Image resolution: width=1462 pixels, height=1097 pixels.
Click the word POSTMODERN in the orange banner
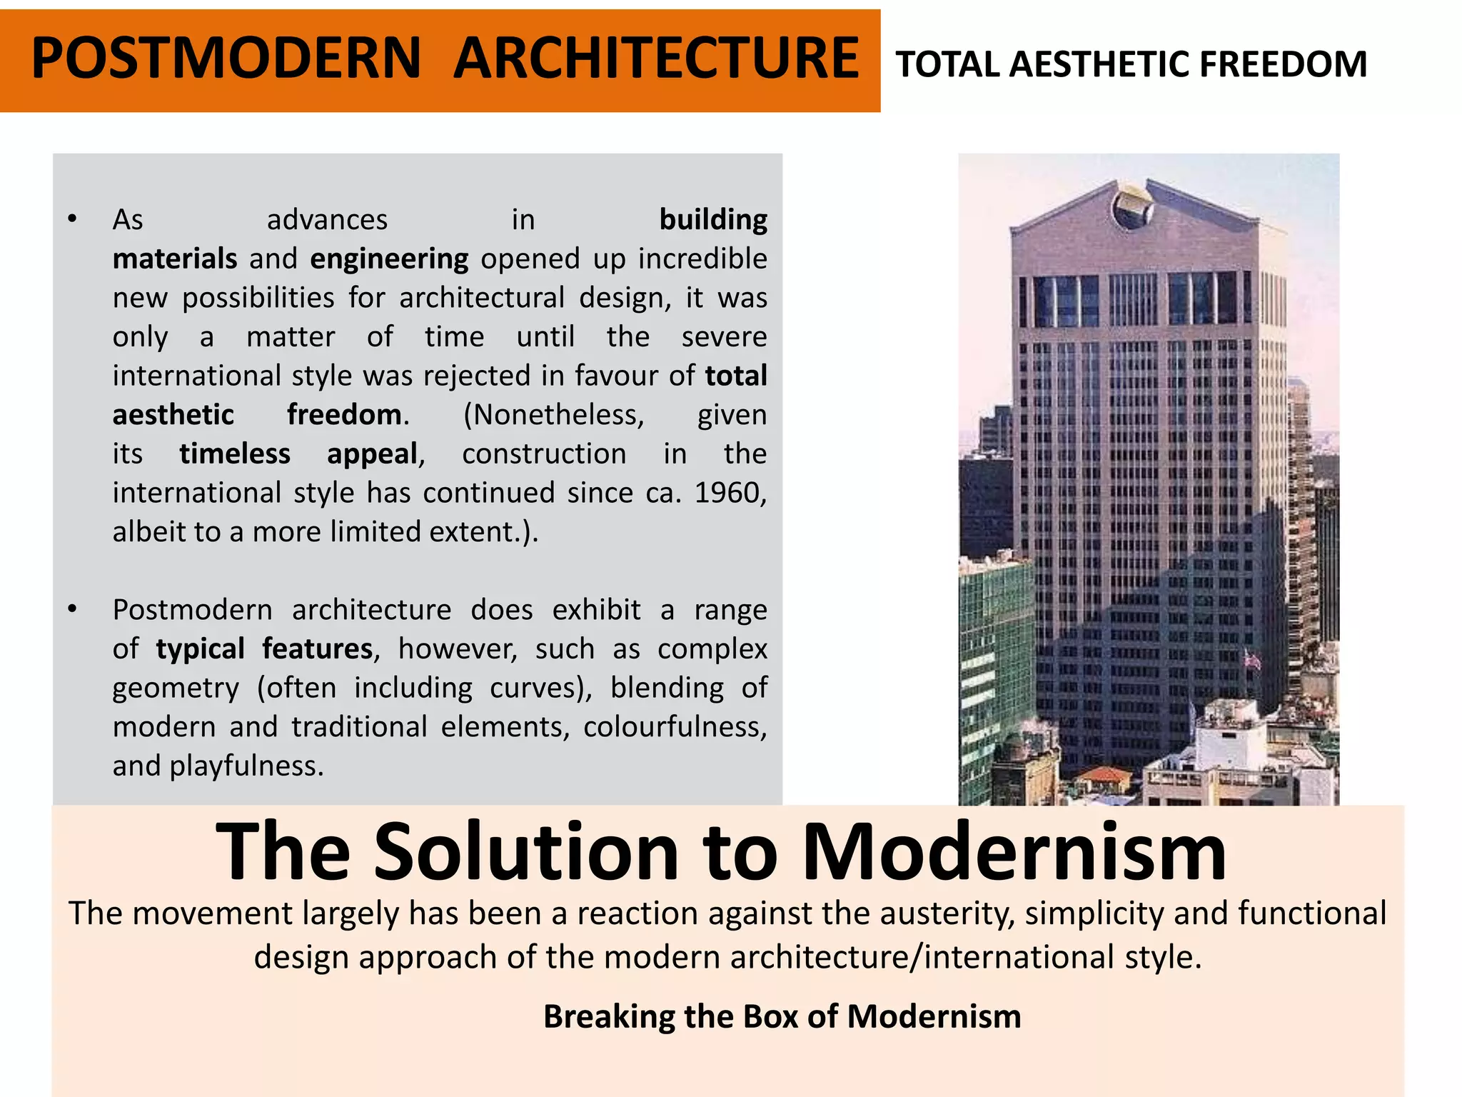point(226,59)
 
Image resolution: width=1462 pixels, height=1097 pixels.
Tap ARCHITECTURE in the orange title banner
point(656,59)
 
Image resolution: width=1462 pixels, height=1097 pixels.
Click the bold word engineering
point(389,259)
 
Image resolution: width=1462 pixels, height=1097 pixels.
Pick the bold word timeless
point(235,454)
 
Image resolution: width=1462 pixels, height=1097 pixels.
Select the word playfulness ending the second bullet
point(246,766)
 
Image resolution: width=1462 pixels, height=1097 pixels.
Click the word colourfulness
point(675,726)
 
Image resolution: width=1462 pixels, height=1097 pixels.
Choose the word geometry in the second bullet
point(176,688)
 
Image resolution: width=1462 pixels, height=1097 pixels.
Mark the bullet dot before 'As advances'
point(72,219)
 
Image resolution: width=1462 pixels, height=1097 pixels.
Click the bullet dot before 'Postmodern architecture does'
point(72,608)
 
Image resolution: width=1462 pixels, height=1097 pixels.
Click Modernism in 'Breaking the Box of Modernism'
point(934,1016)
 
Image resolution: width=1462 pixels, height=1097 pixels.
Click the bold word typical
point(200,648)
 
